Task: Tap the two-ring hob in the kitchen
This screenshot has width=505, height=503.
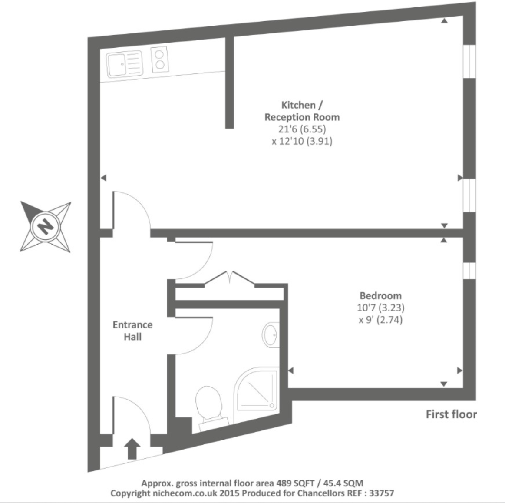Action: point(159,60)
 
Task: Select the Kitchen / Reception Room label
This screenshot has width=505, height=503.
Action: point(302,111)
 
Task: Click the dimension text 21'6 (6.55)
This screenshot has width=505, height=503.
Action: point(302,129)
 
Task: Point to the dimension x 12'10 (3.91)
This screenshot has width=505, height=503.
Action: point(302,141)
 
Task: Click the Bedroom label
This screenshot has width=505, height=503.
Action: point(380,296)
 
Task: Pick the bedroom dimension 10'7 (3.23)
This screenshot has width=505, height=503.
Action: point(380,308)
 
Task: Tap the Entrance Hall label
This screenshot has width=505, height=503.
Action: point(132,331)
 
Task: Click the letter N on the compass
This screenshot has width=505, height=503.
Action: point(45,227)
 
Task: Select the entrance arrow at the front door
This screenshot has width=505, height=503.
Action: point(132,449)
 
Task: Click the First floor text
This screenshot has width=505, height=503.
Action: point(451,414)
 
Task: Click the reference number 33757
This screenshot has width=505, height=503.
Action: point(380,493)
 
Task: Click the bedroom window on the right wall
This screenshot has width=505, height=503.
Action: point(469,270)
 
